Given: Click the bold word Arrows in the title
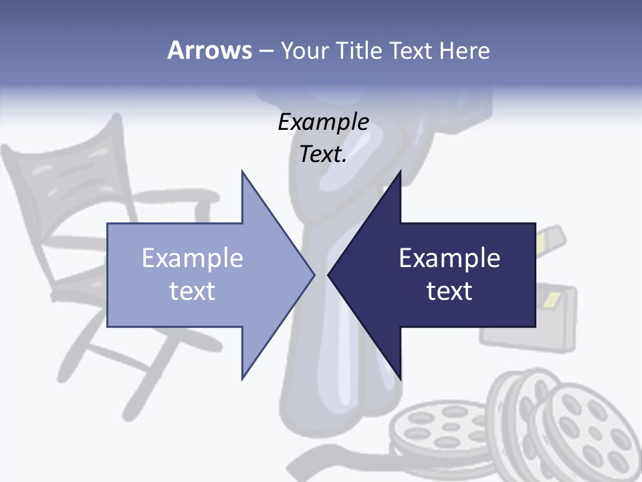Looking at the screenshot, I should coord(209,50).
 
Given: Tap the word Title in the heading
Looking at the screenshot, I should coord(360,50).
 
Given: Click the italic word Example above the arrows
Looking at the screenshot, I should coord(324,122).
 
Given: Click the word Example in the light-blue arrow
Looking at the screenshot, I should coord(193,258).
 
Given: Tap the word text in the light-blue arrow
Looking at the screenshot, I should coord(193,291).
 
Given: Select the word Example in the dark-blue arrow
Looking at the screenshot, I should coord(449,258).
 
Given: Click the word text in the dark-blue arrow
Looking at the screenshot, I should coord(449,291).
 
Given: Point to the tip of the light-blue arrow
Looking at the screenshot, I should coord(314,274).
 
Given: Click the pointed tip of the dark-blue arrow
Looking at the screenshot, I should coord(329,274).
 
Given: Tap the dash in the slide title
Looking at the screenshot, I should coord(265,50).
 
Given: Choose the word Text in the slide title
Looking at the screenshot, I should coord(411,50).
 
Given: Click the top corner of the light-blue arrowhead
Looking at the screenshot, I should coord(242,172).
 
